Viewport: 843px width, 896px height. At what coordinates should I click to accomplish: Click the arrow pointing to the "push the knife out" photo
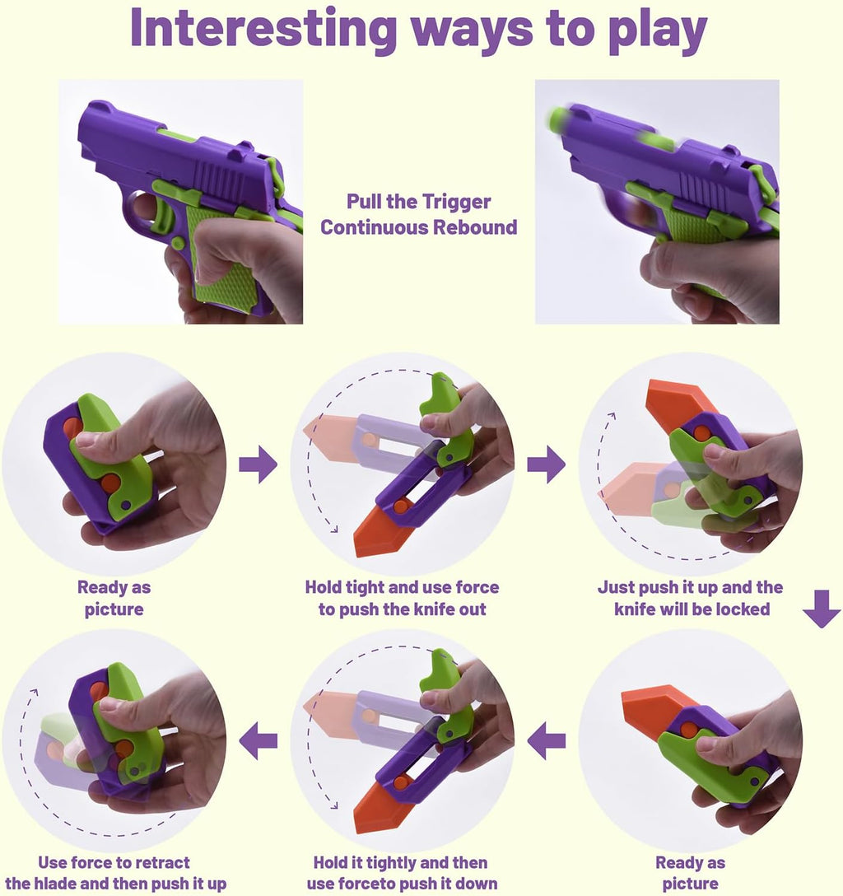pyautogui.click(x=258, y=466)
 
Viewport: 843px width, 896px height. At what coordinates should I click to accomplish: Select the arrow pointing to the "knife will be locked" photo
pyautogui.click(x=546, y=466)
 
